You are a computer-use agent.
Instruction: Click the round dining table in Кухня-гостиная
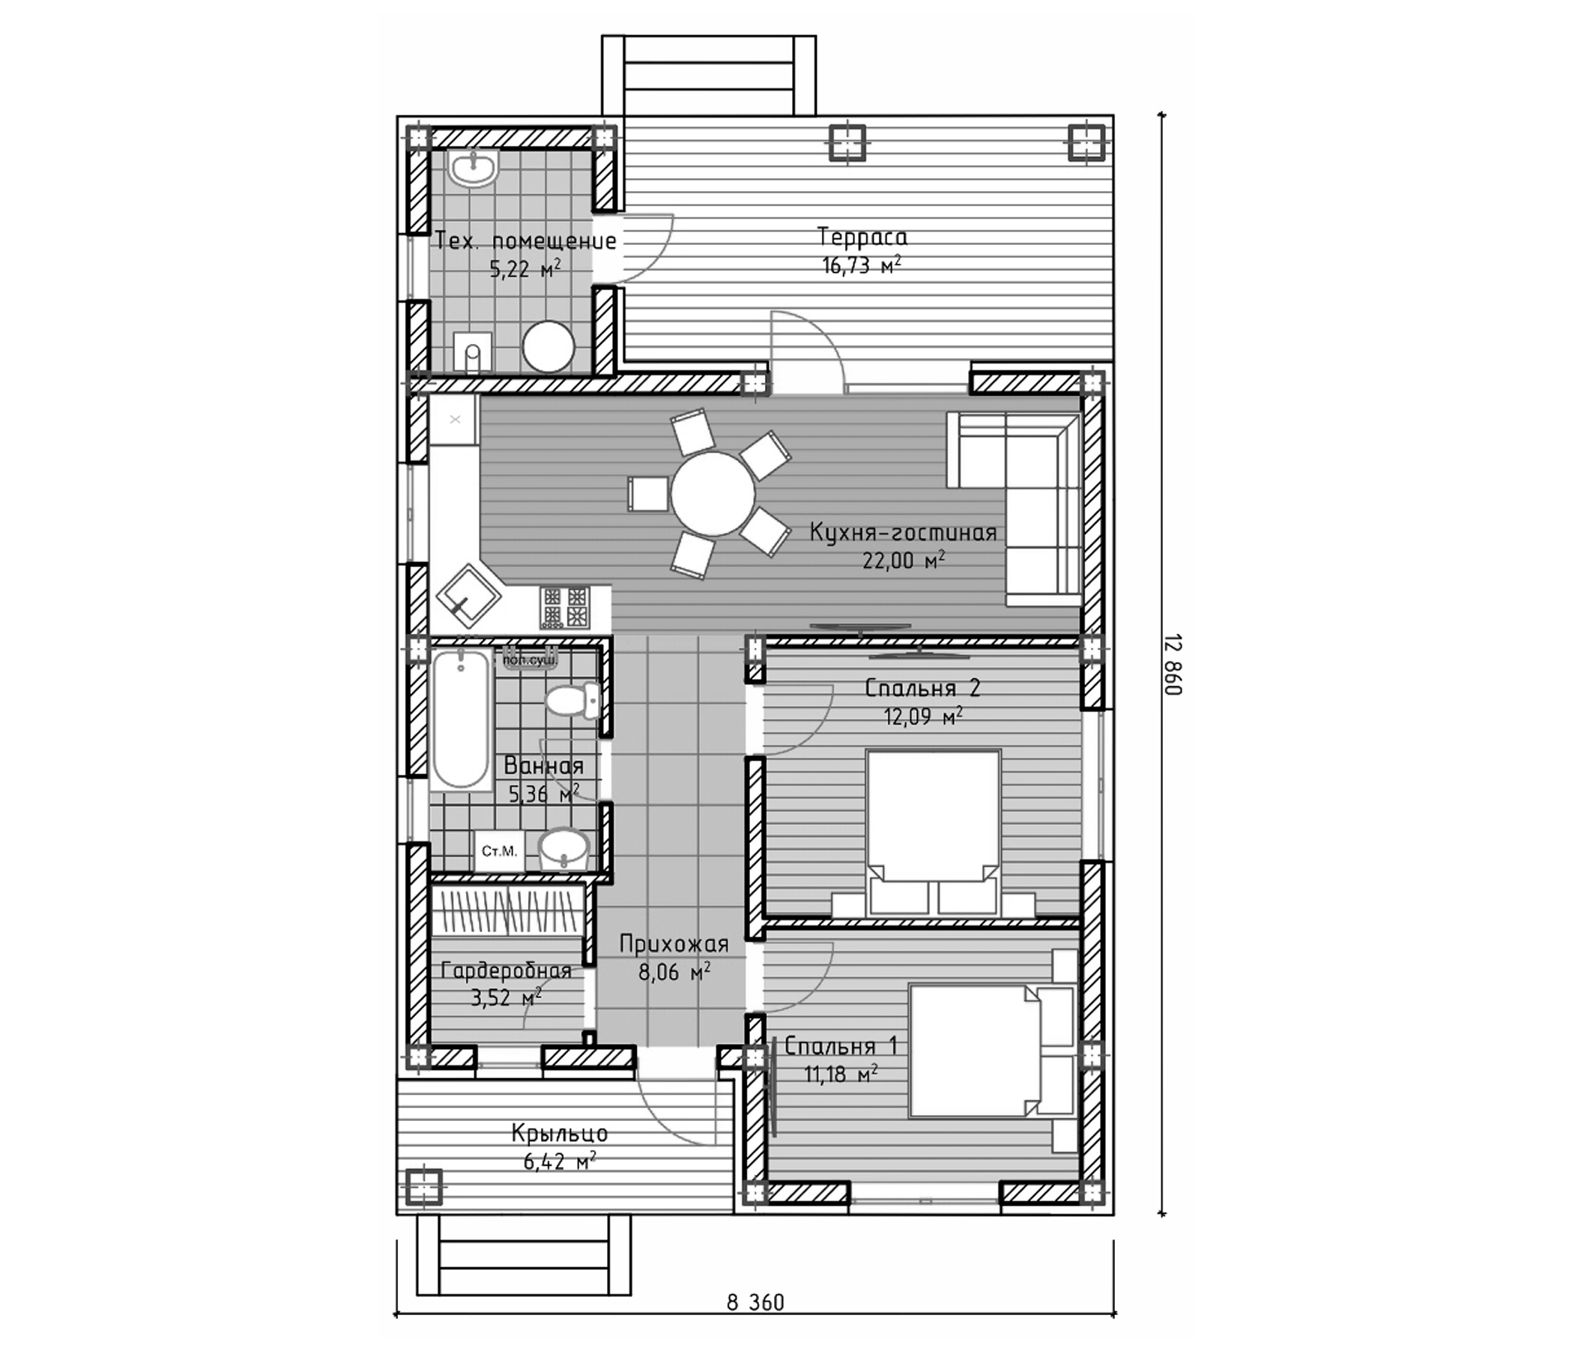point(713,495)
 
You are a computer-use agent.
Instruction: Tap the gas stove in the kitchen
point(564,607)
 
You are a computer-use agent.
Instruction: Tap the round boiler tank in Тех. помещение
point(548,347)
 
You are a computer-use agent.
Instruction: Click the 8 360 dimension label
point(755,1324)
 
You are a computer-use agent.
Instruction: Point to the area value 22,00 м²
point(903,561)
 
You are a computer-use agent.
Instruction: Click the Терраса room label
point(862,238)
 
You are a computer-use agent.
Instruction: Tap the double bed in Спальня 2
point(934,829)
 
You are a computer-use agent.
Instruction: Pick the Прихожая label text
point(674,944)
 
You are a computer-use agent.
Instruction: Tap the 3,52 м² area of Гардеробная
point(506,997)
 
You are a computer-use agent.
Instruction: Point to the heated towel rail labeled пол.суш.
point(530,659)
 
